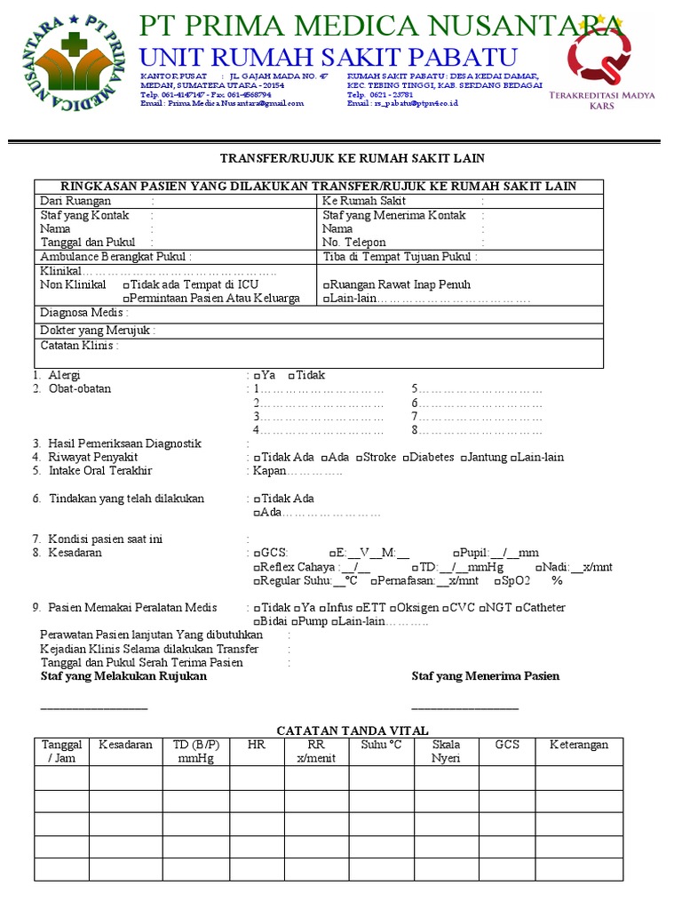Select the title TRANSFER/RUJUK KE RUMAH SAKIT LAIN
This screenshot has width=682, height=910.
pos(352,158)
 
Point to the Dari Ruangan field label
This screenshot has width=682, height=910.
pos(75,201)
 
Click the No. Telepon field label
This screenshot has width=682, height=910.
pos(354,242)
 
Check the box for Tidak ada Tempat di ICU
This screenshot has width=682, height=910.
pos(125,285)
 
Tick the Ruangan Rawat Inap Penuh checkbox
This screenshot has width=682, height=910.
pos(326,285)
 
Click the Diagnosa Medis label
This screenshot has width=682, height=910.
pos(84,313)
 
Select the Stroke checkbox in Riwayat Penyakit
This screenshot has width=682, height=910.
pos(359,458)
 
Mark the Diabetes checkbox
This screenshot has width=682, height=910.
pos(405,458)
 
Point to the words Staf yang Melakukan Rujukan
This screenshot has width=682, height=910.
pos(123,676)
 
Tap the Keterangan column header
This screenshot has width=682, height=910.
pos(579,745)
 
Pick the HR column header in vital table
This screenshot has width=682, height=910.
pos(257,745)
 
